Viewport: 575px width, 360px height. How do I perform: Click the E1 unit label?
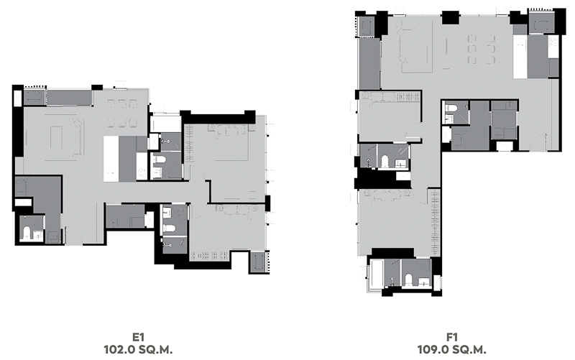tap(138, 337)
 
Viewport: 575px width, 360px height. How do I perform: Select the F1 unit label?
tap(452, 337)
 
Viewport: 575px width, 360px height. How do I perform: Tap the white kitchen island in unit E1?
tap(111, 159)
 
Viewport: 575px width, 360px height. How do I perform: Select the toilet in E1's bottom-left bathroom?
tap(27, 234)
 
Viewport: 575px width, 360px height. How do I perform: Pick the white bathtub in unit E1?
tap(166, 124)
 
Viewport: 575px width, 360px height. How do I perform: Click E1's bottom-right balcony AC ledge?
tap(259, 262)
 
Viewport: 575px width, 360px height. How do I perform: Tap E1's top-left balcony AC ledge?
tap(34, 97)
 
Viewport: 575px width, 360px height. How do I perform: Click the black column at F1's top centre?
tap(450, 17)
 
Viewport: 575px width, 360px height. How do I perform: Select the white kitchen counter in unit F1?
tap(520, 56)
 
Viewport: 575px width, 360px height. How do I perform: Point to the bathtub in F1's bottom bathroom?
tap(377, 274)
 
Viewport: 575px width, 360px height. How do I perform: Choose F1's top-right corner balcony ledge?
tap(540, 22)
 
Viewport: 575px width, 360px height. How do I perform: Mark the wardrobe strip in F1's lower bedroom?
tap(435, 221)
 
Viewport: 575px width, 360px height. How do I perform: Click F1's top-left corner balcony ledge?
tap(367, 26)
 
